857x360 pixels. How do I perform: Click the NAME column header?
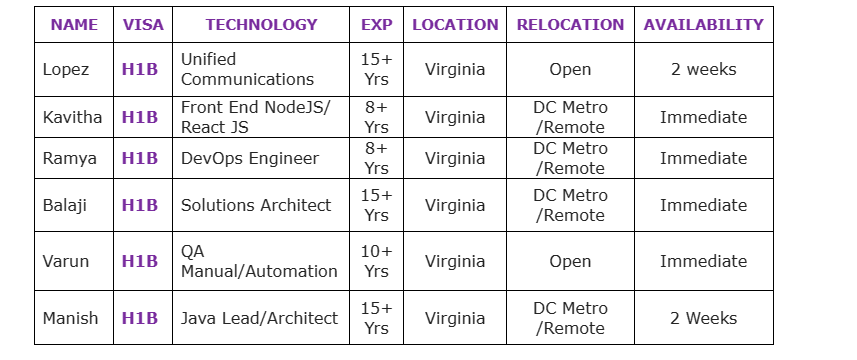pyautogui.click(x=74, y=25)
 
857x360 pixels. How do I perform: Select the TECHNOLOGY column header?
pyautogui.click(x=261, y=25)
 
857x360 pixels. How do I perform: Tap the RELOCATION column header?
pyautogui.click(x=570, y=25)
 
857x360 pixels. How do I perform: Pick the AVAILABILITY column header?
pyautogui.click(x=703, y=25)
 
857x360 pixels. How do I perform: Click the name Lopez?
pyautogui.click(x=66, y=70)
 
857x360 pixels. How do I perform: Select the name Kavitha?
pyautogui.click(x=72, y=117)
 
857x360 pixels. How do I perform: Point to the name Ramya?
pyautogui.click(x=67, y=158)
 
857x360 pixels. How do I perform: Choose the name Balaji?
pyautogui.click(x=66, y=205)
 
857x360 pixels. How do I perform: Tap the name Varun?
pyautogui.click(x=66, y=261)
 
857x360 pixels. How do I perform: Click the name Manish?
pyautogui.click(x=70, y=318)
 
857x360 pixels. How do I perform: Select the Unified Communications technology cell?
pyautogui.click(x=247, y=70)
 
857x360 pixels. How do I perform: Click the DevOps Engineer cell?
pyautogui.click(x=250, y=158)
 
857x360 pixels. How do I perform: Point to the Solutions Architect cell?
pyautogui.click(x=256, y=205)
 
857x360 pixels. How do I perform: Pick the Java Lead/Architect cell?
pyautogui.click(x=259, y=318)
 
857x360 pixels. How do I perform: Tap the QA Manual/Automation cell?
pyautogui.click(x=259, y=261)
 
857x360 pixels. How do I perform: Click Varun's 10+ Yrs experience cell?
pyautogui.click(x=376, y=261)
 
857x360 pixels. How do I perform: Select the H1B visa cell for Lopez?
pyautogui.click(x=140, y=70)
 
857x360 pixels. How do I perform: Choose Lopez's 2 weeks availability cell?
pyautogui.click(x=703, y=70)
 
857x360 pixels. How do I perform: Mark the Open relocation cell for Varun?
pyautogui.click(x=570, y=261)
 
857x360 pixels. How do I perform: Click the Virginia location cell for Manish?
pyautogui.click(x=455, y=318)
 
